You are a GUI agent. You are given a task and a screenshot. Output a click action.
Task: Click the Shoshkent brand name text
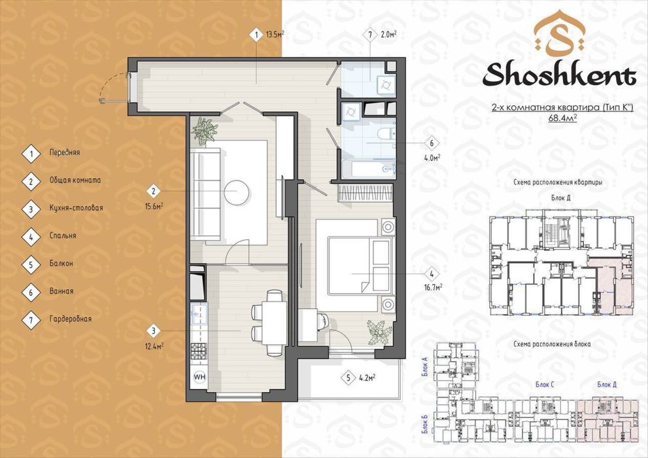(x=559, y=75)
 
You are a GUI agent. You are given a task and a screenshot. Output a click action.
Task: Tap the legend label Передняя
(x=65, y=152)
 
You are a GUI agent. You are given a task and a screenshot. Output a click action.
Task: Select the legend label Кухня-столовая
(x=76, y=208)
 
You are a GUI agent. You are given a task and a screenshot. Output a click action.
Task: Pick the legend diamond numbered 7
(x=31, y=319)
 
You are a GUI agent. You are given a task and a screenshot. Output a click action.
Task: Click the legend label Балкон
(x=61, y=263)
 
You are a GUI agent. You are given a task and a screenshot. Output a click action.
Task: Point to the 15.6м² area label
(x=154, y=207)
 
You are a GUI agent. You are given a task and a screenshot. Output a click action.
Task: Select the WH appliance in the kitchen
(x=199, y=377)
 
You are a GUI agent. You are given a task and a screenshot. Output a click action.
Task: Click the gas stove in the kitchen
(x=199, y=352)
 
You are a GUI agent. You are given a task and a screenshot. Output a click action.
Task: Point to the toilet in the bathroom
(x=387, y=134)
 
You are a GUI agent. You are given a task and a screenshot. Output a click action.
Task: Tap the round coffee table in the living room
(x=237, y=192)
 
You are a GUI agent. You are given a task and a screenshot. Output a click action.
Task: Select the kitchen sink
(x=199, y=315)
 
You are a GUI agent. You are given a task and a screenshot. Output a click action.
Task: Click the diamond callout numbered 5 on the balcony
(x=349, y=378)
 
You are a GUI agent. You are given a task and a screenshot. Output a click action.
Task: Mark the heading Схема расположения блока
(x=552, y=344)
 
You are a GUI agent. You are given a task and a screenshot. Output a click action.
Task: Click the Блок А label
(x=425, y=366)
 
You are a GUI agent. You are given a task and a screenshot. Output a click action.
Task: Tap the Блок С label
(x=545, y=385)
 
